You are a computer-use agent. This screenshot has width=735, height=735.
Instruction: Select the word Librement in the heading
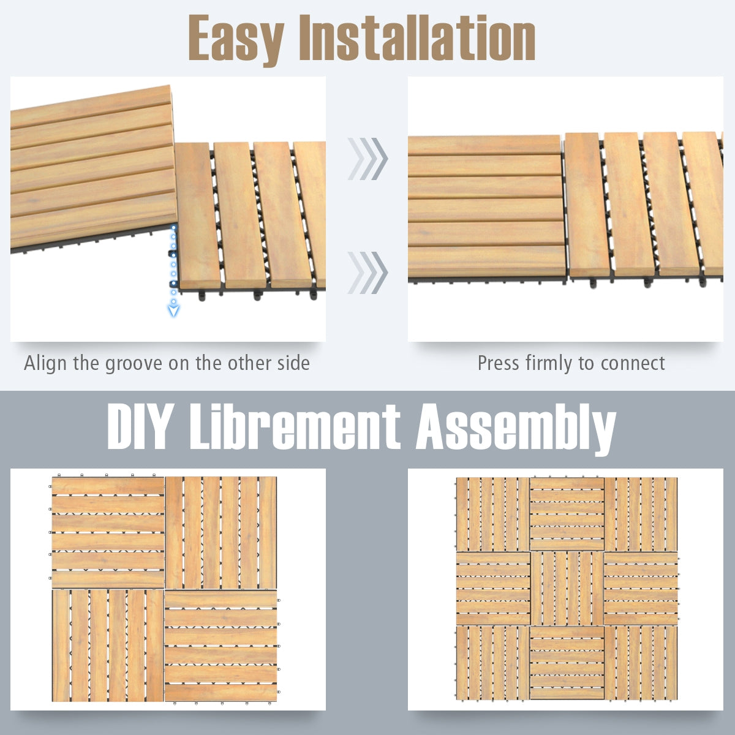tap(294, 427)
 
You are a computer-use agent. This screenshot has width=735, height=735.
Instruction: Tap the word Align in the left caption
tap(46, 363)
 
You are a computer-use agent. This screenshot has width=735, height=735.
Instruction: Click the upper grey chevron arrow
tap(367, 159)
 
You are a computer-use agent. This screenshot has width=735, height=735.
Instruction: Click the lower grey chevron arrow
tap(367, 272)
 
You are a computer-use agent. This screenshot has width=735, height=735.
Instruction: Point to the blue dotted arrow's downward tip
tap(174, 312)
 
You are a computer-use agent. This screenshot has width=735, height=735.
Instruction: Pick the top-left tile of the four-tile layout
tap(108, 532)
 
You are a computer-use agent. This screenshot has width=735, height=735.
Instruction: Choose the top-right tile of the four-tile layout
tap(221, 532)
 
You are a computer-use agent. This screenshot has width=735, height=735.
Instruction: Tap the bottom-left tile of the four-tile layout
tap(108, 645)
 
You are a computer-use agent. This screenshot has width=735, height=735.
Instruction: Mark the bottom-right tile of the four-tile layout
tap(221, 645)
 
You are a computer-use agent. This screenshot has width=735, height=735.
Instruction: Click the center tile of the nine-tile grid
tap(567, 588)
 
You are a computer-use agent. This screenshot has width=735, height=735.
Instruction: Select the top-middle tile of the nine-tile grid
tap(567, 514)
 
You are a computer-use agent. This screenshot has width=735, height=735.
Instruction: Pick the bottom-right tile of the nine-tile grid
tap(641, 662)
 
